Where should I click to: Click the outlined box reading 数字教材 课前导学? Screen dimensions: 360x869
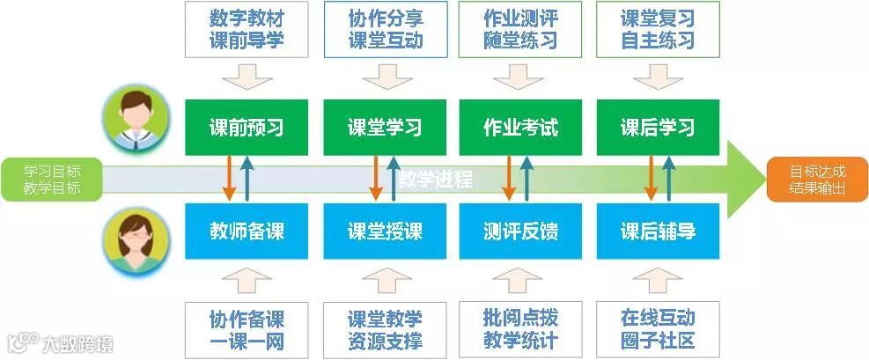(247, 29)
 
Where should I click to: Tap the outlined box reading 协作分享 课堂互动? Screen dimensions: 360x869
(385, 29)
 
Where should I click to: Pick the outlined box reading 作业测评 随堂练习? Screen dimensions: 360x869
(520, 29)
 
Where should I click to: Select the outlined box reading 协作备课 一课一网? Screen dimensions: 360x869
(247, 328)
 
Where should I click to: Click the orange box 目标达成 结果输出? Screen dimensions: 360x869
(815, 180)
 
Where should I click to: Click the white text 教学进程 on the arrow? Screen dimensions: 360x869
(435, 180)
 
